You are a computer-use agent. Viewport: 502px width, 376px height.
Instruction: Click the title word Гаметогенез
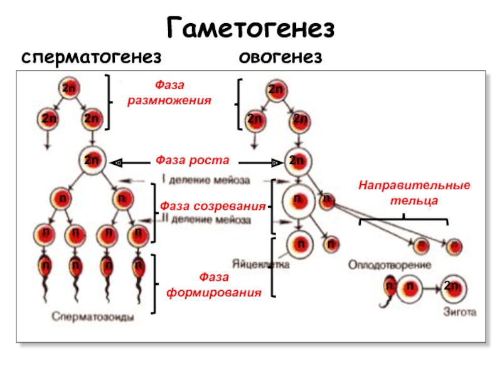click(x=251, y=28)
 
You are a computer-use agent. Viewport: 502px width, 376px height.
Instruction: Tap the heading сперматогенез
click(x=92, y=58)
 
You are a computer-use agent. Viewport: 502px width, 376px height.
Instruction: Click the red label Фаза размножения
click(x=169, y=93)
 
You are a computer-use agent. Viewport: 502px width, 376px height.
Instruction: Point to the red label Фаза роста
click(x=192, y=160)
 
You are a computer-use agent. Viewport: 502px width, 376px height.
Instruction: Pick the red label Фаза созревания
click(x=212, y=206)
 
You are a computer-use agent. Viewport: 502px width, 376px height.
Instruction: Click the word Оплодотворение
click(x=390, y=265)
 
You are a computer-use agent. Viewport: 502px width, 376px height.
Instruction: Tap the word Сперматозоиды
click(x=92, y=316)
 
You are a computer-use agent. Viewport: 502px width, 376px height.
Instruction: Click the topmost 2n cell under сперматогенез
click(x=69, y=89)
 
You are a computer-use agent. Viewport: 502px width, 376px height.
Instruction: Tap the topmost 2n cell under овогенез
click(x=275, y=90)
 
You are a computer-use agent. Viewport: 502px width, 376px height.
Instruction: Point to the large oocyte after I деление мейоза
click(x=298, y=201)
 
